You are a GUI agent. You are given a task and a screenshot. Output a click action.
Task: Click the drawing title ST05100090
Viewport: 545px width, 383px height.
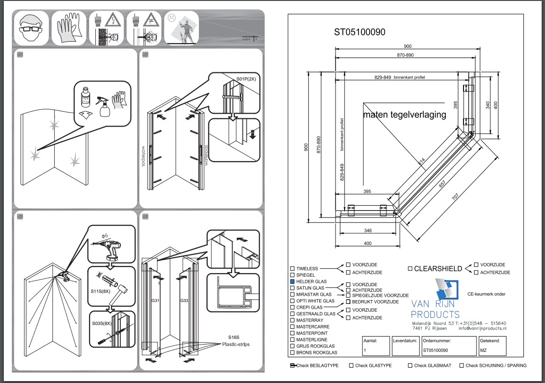click(359, 32)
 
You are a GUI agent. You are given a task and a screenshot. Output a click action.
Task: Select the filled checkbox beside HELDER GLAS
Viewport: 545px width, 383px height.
click(292, 281)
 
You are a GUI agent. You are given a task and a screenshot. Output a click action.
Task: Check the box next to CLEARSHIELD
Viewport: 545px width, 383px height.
click(410, 269)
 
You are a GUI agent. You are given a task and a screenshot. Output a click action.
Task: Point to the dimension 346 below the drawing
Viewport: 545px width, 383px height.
click(367, 231)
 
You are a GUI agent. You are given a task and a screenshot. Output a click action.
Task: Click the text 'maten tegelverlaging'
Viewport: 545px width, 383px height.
click(405, 115)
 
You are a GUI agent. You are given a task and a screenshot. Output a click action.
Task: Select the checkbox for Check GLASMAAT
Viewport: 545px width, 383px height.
click(410, 366)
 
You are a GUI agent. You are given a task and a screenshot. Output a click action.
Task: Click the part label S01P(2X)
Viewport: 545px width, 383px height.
click(246, 79)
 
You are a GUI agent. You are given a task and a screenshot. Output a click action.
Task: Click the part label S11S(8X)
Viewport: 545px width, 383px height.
click(101, 291)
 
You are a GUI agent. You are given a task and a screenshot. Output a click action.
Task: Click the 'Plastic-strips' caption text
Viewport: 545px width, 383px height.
click(236, 344)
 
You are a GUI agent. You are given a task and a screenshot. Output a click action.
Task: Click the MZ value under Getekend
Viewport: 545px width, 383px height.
click(484, 350)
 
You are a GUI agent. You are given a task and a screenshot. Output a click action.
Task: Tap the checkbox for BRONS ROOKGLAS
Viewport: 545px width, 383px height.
click(292, 353)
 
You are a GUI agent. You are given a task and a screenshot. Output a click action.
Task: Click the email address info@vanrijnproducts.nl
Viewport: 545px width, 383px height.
click(482, 328)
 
